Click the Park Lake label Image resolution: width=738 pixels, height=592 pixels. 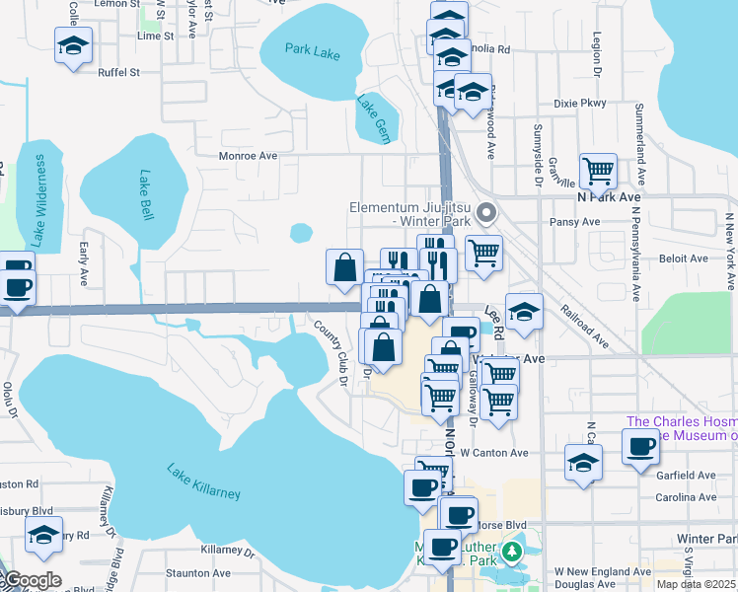[312, 50]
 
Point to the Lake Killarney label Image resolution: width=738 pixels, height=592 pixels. [203, 481]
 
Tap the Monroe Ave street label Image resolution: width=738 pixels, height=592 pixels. [247, 156]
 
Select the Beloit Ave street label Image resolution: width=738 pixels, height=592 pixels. [685, 259]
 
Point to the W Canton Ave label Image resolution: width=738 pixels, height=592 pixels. [494, 453]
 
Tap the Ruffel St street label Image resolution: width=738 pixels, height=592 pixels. [118, 72]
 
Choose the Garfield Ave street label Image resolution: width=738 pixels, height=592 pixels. [685, 475]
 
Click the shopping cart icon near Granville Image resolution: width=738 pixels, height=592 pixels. [598, 171]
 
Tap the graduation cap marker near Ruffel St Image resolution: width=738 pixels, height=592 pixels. [73, 45]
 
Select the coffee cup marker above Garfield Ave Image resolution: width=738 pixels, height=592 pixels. [639, 445]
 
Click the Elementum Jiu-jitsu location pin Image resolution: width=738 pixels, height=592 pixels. [484, 212]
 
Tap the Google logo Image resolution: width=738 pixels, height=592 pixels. [32, 580]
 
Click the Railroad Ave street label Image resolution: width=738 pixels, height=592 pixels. [584, 325]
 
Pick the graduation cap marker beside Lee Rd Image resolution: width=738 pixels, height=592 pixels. [525, 311]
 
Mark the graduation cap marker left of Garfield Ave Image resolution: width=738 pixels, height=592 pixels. [583, 461]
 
